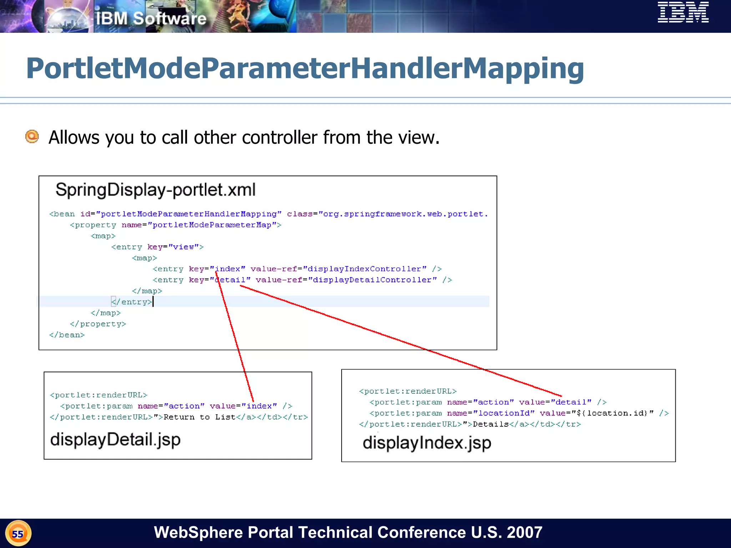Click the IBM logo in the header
pos(683,12)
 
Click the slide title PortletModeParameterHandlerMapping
pos(305,68)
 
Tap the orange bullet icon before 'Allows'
pos(32,137)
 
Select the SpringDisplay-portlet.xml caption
pos(155,190)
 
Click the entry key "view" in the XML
pos(183,247)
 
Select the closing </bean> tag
pos(67,335)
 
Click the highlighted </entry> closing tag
pos(132,302)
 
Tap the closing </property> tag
pos(98,324)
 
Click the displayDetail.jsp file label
pos(115,440)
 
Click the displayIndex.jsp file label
pos(427,443)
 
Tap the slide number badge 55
pos(18,534)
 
